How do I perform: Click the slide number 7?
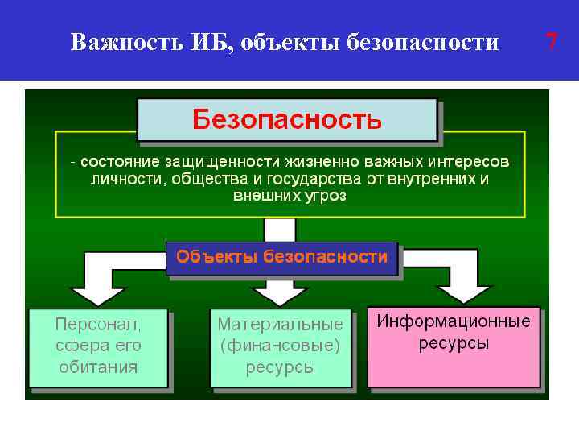[552, 42]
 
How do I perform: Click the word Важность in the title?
[112, 42]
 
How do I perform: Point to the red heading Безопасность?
[287, 121]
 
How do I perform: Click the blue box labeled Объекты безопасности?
[281, 258]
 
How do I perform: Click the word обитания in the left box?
[98, 367]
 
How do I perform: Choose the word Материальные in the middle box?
[280, 325]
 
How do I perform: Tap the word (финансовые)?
[280, 346]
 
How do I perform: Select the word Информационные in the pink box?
[454, 321]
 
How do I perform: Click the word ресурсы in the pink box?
[454, 343]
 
